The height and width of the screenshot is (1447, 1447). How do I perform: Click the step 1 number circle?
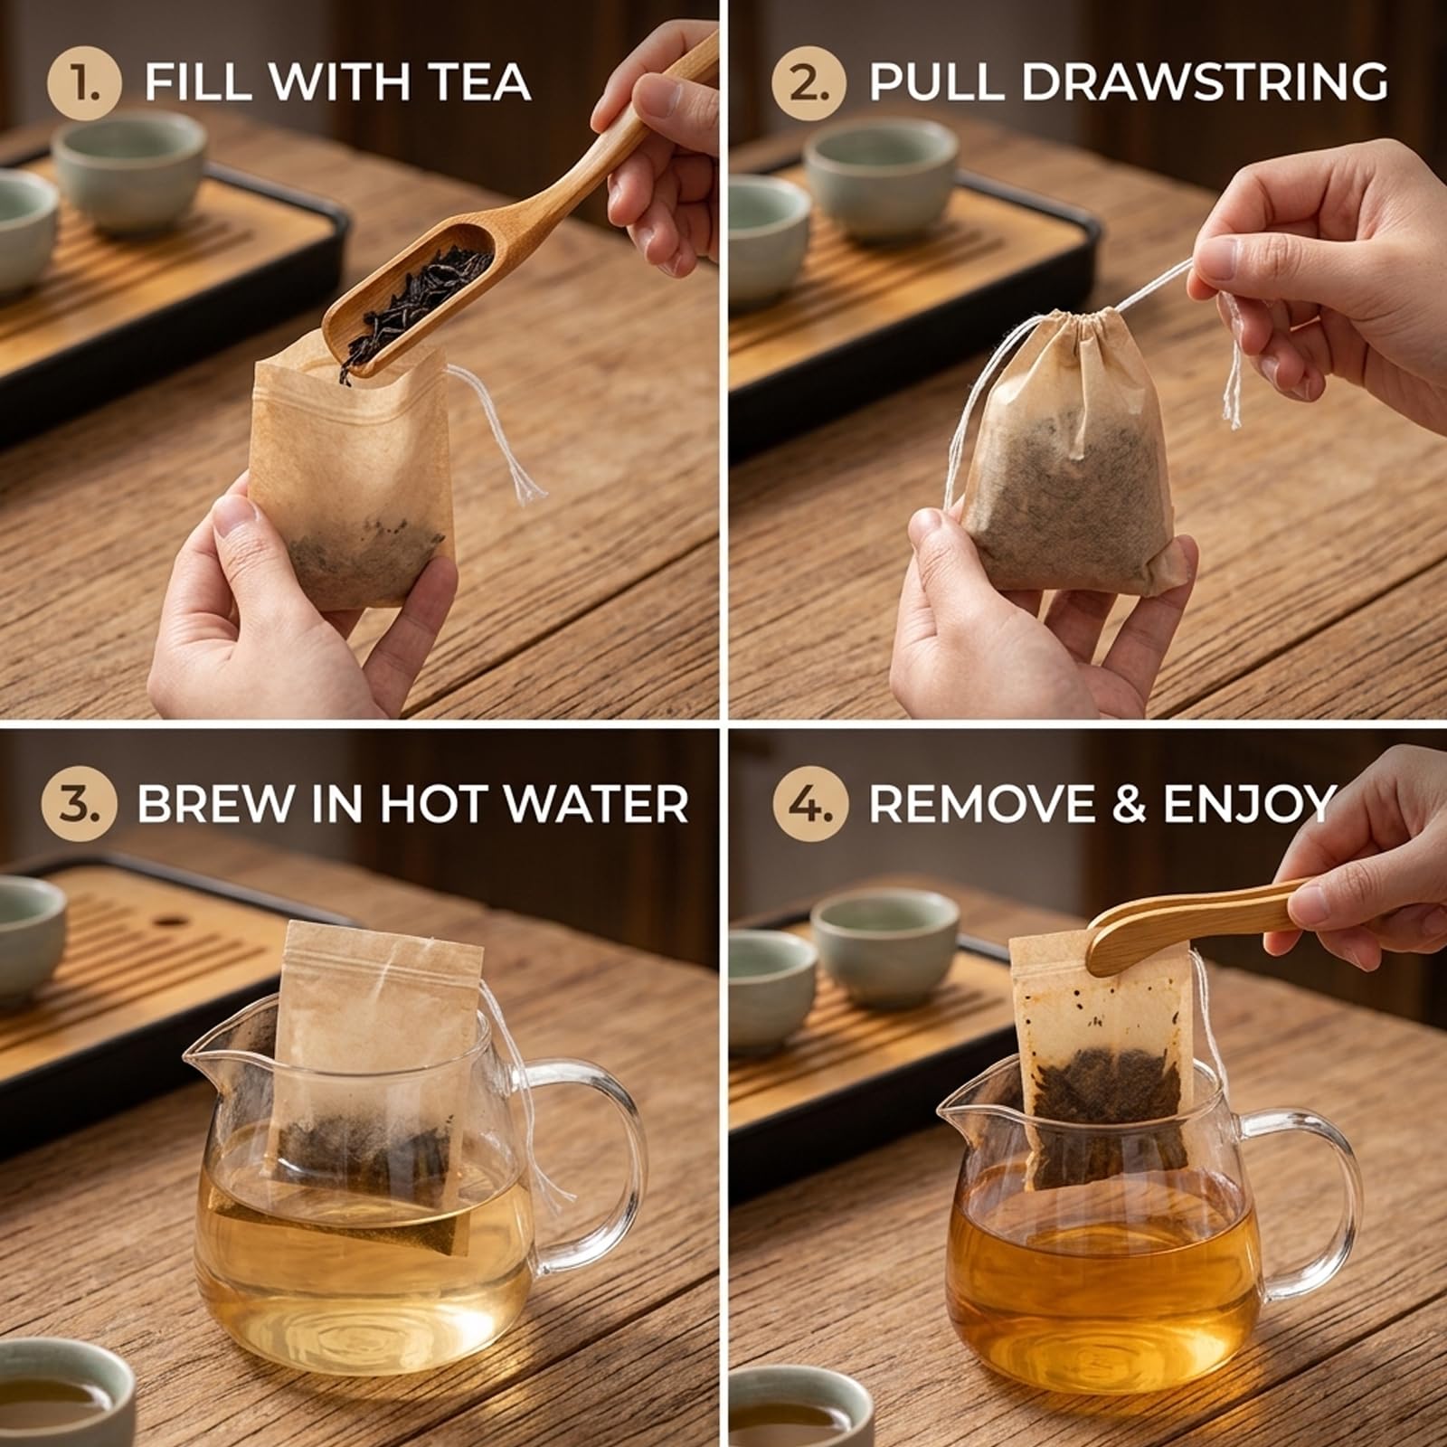point(83,82)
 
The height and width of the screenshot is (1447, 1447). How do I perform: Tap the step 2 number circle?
point(809,82)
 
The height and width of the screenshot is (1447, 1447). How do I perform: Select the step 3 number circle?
point(79,804)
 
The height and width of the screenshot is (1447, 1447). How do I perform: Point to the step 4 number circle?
point(811,804)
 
